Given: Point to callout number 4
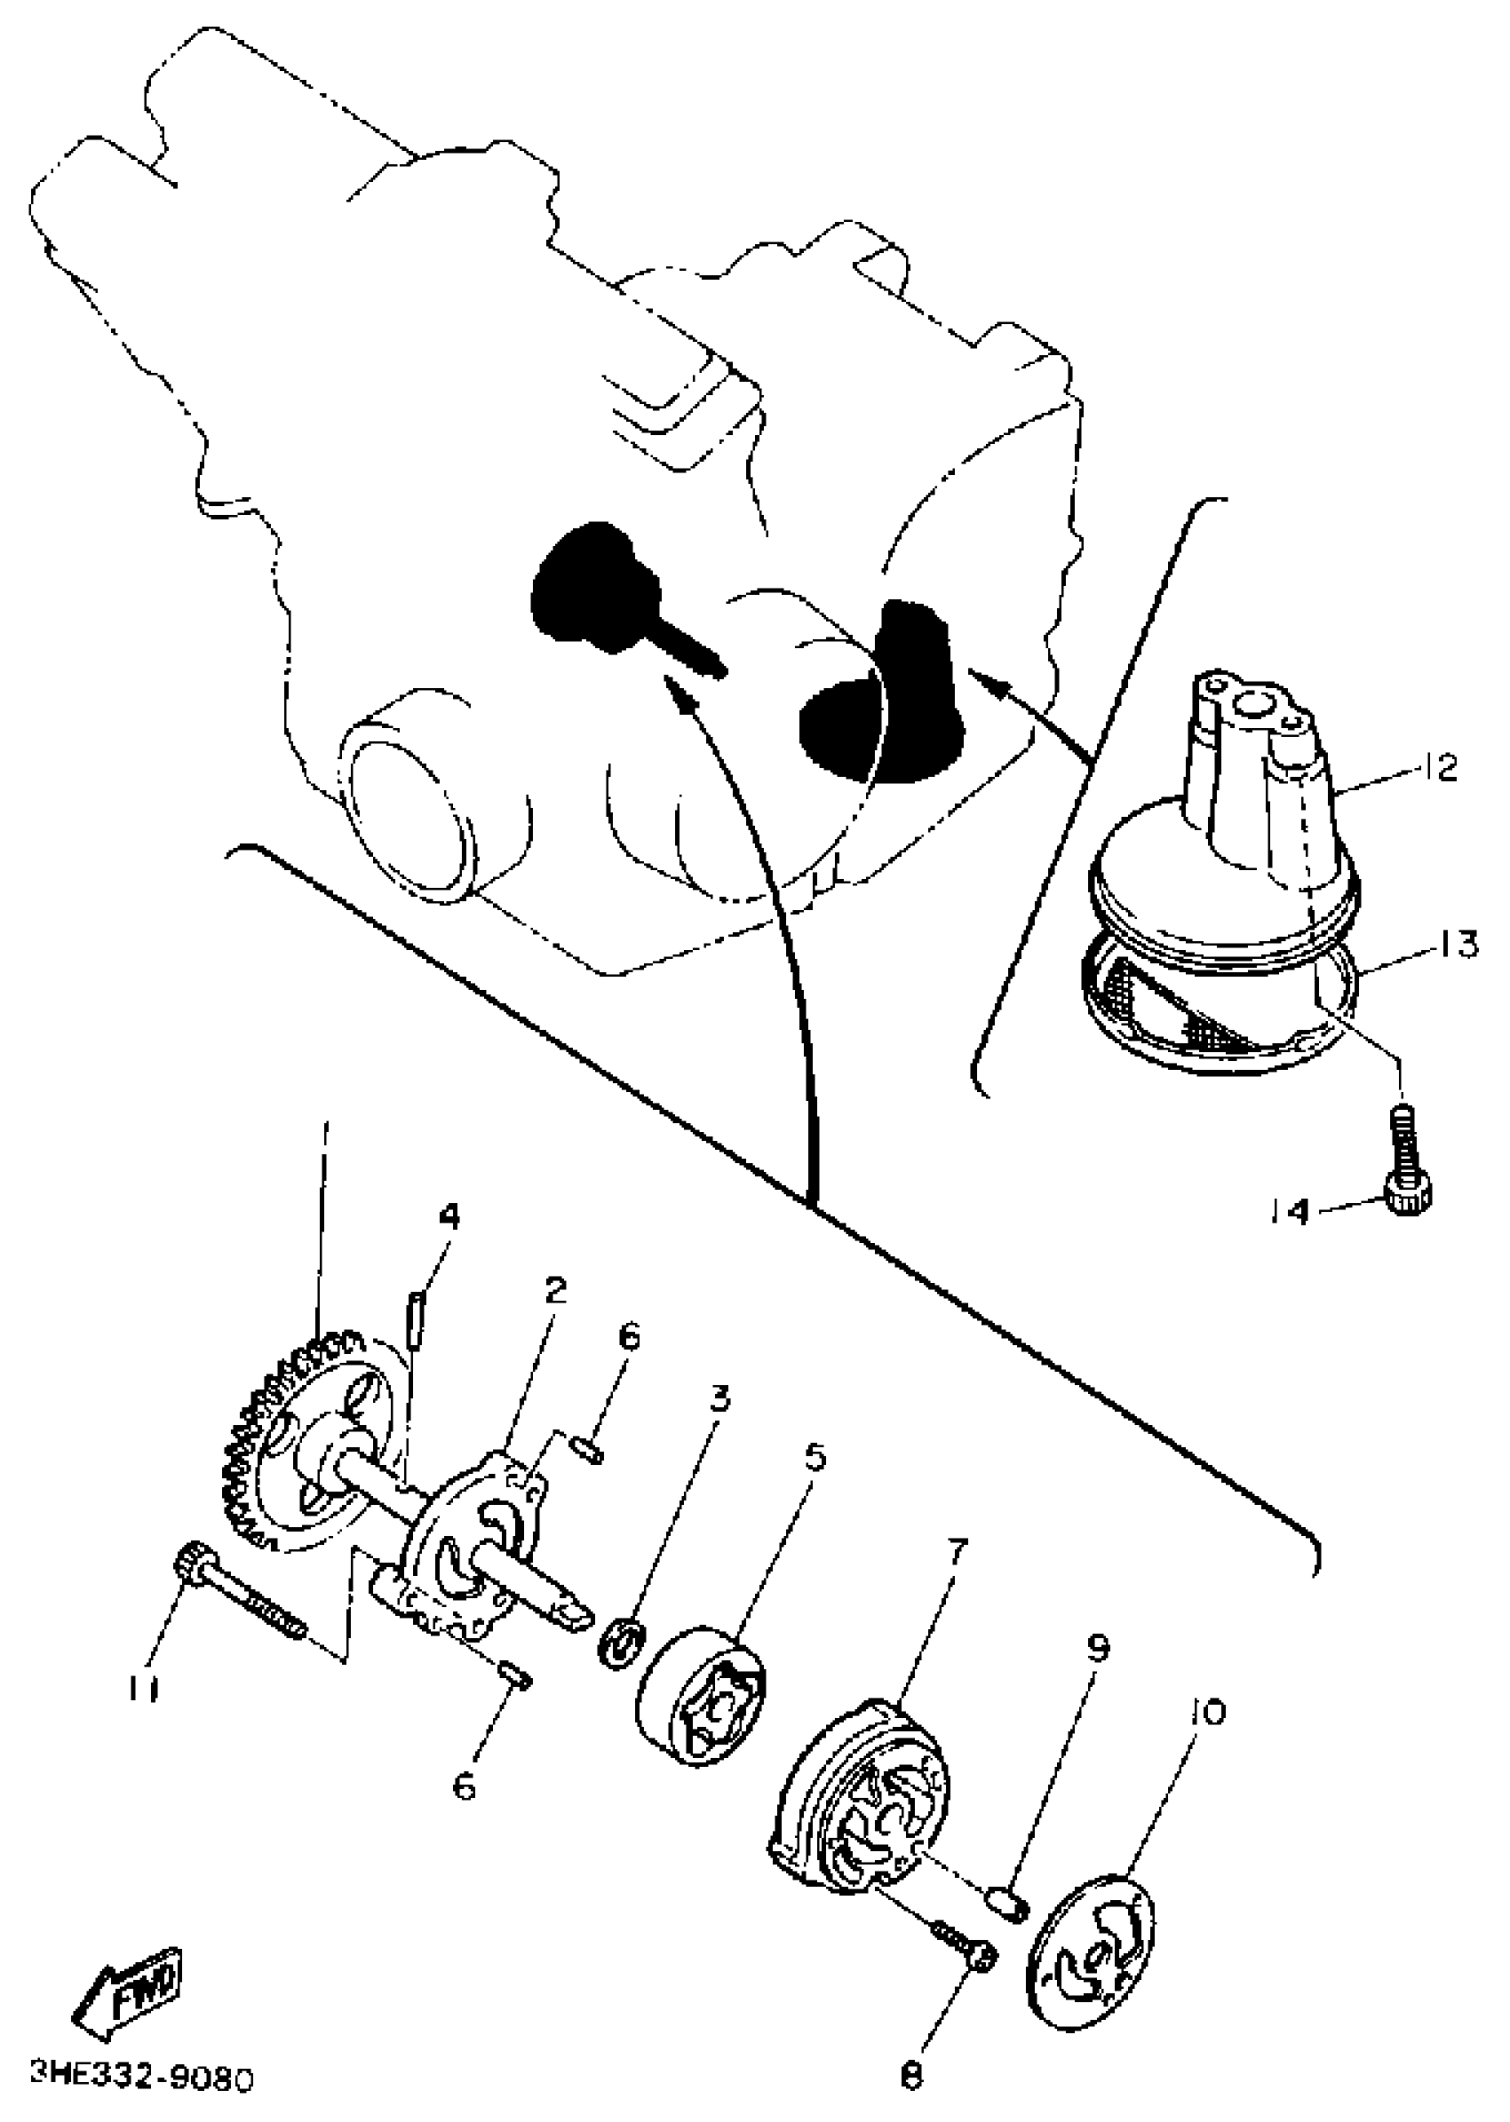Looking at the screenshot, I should point(449,1215).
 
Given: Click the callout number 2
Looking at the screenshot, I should point(555,1291).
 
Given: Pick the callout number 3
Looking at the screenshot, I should point(721,1397).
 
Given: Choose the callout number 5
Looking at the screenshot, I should point(815,1456).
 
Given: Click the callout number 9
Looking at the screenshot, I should point(1098,1649).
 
